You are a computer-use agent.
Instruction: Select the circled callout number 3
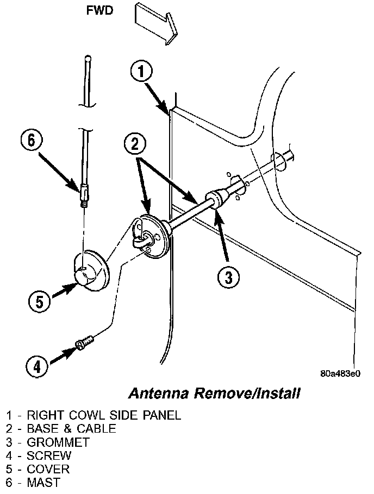(228, 277)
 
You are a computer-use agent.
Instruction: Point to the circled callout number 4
(36, 367)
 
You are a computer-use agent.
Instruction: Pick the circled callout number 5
(40, 301)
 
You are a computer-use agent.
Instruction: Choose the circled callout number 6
(32, 141)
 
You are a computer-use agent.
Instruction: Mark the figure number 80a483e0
(341, 373)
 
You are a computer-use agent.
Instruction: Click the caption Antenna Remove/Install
(214, 392)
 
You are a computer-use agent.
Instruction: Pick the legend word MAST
(43, 482)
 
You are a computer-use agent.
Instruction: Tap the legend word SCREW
(49, 455)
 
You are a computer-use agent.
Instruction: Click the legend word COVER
(48, 468)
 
